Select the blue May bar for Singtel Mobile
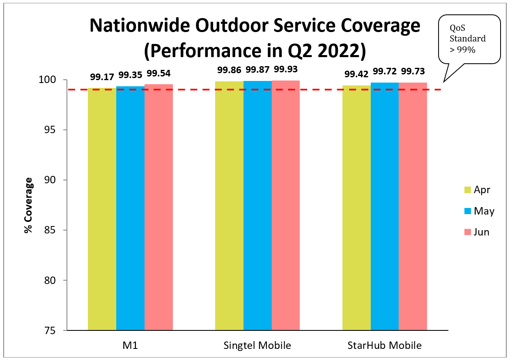[x=257, y=205]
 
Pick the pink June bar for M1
[x=159, y=207]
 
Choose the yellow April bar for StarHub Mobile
[x=356, y=208]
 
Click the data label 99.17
[x=101, y=76]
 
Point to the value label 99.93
[x=286, y=69]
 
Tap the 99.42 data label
[x=356, y=74]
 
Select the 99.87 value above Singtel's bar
[x=257, y=69]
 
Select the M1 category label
[x=130, y=346]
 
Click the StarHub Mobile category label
[x=384, y=346]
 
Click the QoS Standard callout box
[x=469, y=39]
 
